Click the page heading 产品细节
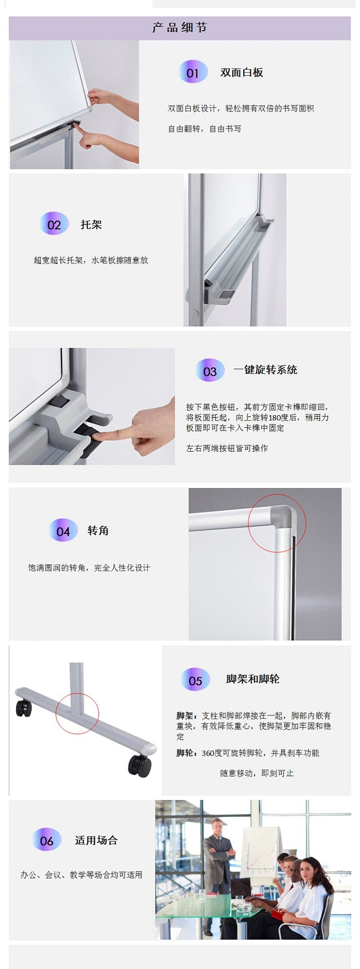click(x=180, y=28)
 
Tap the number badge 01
click(x=193, y=72)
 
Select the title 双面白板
click(x=241, y=72)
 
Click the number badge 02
click(x=54, y=224)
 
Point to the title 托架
click(x=91, y=224)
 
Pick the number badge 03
click(x=210, y=371)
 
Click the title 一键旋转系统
click(x=265, y=370)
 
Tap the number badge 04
click(x=63, y=531)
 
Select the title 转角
click(x=98, y=530)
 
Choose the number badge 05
click(x=195, y=680)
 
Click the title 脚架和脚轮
click(x=253, y=679)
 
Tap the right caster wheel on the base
click(x=140, y=765)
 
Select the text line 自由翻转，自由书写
click(x=204, y=129)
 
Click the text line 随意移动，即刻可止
click(x=257, y=773)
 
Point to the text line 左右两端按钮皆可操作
click(x=227, y=448)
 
